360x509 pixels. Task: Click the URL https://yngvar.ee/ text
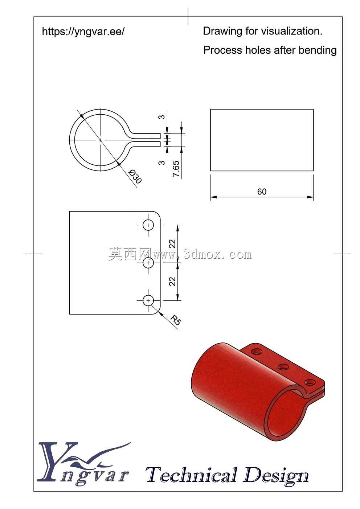pyautogui.click(x=83, y=32)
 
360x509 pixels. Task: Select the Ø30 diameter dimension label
pyautogui.click(x=135, y=177)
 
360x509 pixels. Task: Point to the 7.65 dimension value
pyautogui.click(x=176, y=168)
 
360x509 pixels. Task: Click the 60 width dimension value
pyautogui.click(x=262, y=192)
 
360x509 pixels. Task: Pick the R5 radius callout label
pyautogui.click(x=176, y=320)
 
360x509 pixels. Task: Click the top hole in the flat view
pyautogui.click(x=148, y=225)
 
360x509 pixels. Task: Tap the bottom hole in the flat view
pyautogui.click(x=148, y=300)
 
